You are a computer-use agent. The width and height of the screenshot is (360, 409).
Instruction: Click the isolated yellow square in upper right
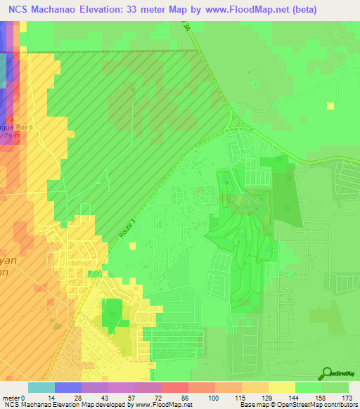[330, 105]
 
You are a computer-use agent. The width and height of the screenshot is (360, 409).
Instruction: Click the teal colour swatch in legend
[41, 387]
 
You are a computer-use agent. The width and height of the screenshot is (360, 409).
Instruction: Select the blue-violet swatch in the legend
[68, 387]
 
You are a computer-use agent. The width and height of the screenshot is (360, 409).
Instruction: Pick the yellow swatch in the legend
[281, 387]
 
